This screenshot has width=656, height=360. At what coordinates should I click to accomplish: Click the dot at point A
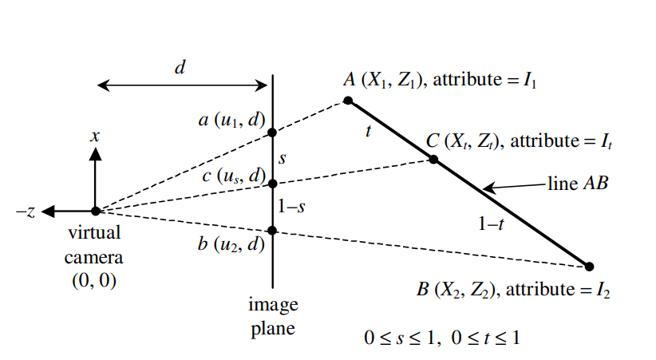[348, 101]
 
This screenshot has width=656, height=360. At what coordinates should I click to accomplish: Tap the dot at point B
[590, 267]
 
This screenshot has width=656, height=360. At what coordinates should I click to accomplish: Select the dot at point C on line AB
[433, 159]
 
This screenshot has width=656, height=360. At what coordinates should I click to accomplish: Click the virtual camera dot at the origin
[95, 212]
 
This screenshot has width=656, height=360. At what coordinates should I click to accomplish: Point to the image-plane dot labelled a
[272, 133]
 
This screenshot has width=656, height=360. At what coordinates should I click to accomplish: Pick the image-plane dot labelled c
[272, 184]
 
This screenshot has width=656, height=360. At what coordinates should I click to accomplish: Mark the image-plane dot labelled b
[272, 231]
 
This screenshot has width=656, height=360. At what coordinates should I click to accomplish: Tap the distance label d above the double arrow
[180, 67]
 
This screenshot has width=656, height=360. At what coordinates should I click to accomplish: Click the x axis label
[95, 136]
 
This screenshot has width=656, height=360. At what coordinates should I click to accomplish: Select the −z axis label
[26, 212]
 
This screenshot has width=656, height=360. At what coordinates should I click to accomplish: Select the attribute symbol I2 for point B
[603, 288]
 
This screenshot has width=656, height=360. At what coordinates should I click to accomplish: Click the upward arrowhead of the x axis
[95, 153]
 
